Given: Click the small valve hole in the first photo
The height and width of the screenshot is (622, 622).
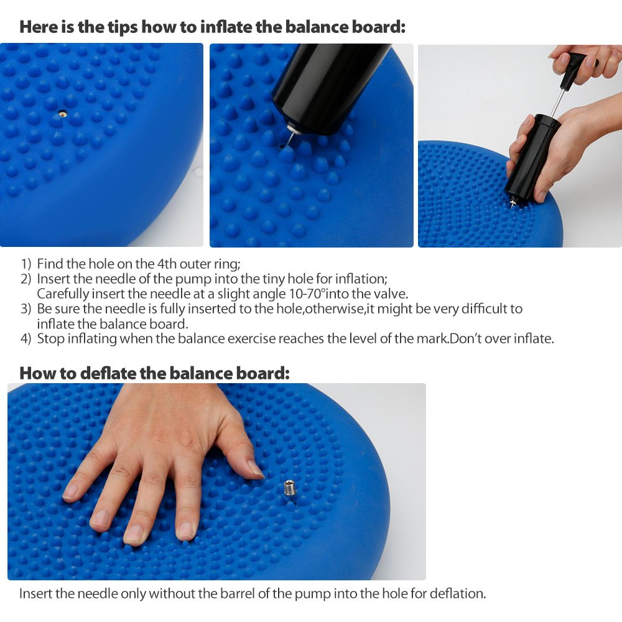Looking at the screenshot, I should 62,113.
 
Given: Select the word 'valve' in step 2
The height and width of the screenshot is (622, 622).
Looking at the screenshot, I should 391,294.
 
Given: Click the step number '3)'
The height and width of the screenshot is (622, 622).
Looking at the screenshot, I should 26,309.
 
